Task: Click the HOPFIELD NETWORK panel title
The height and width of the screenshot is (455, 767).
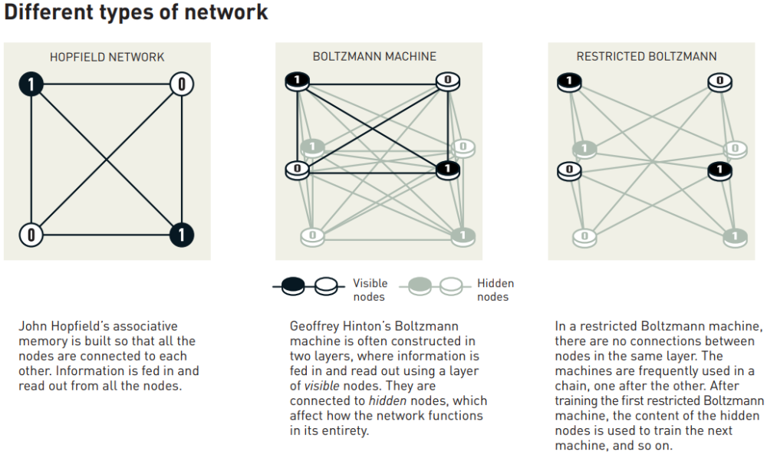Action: (x=107, y=57)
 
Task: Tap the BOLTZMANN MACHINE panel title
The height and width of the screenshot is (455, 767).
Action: (x=374, y=57)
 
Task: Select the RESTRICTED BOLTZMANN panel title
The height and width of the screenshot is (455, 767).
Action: (x=647, y=57)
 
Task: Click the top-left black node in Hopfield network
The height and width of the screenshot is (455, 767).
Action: (x=31, y=84)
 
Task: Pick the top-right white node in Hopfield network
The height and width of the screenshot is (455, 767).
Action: (x=182, y=84)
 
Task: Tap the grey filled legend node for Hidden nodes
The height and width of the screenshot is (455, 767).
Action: (x=419, y=287)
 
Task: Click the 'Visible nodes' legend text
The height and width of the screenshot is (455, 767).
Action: (x=370, y=290)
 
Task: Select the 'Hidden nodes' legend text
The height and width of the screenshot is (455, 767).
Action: (x=495, y=290)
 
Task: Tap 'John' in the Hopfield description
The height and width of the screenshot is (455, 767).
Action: (x=32, y=326)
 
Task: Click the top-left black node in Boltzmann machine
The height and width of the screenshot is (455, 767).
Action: (x=297, y=80)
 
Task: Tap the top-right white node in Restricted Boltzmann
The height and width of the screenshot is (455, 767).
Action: (x=719, y=80)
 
